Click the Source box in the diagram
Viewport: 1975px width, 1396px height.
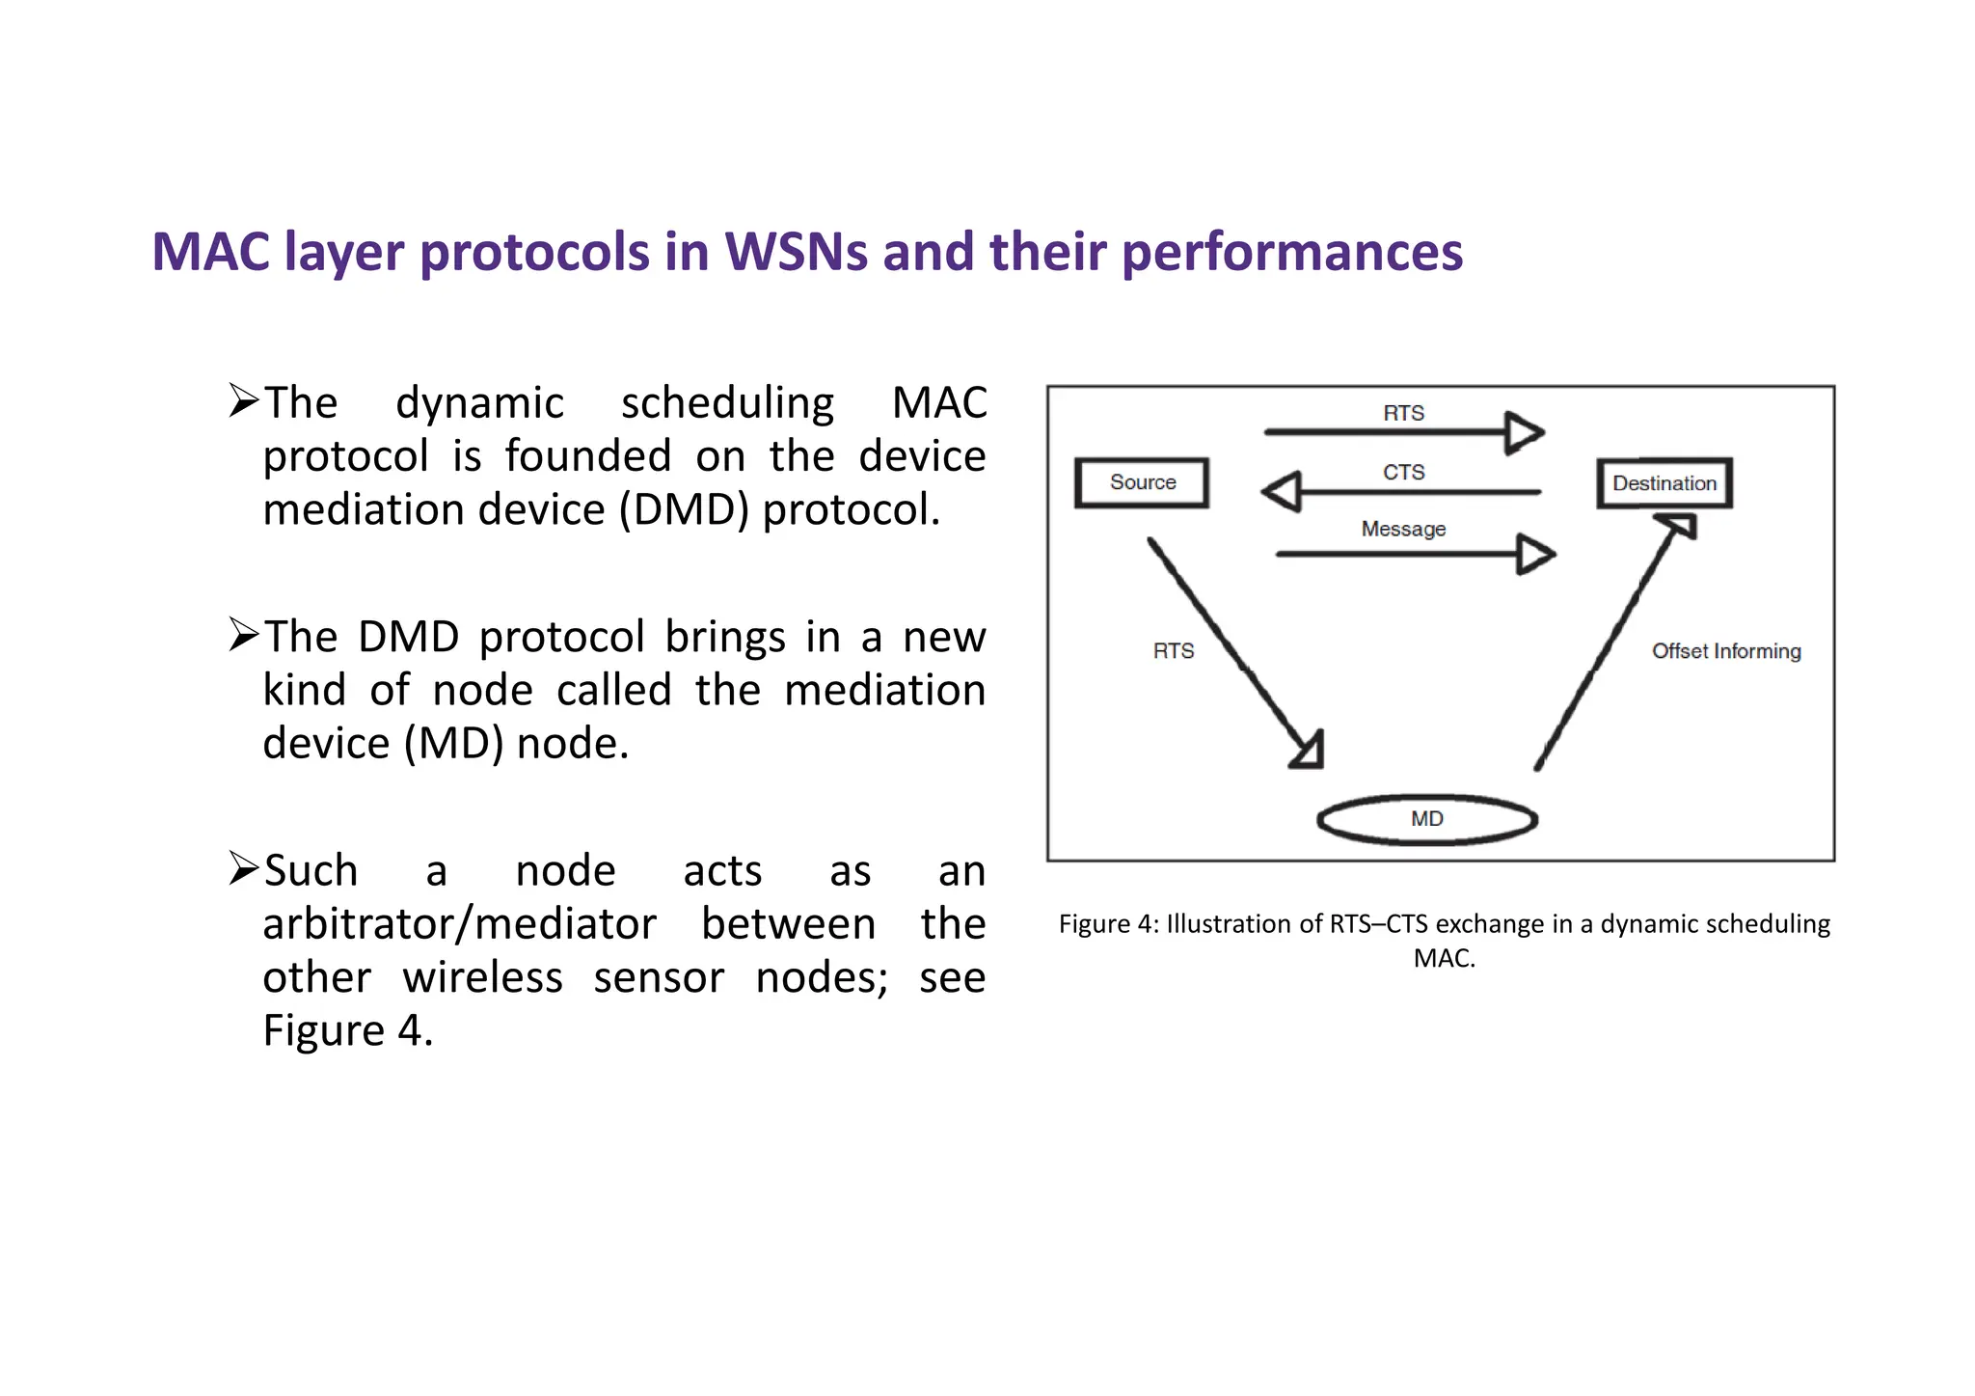[x=1142, y=482]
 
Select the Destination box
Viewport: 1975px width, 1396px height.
[x=1664, y=483]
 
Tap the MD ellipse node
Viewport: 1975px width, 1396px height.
[x=1426, y=819]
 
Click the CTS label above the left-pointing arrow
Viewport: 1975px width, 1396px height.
[x=1403, y=472]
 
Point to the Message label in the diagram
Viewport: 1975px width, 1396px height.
[x=1403, y=529]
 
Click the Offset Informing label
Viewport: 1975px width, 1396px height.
[x=1725, y=651]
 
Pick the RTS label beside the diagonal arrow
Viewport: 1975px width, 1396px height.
[x=1173, y=651]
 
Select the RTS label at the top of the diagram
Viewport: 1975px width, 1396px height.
[x=1403, y=413]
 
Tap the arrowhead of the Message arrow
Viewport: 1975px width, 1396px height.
[x=1534, y=554]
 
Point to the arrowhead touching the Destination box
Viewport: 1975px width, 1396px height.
[x=1679, y=527]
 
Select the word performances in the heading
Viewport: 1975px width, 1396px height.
[x=1292, y=252]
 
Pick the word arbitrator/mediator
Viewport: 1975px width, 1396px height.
[x=459, y=924]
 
